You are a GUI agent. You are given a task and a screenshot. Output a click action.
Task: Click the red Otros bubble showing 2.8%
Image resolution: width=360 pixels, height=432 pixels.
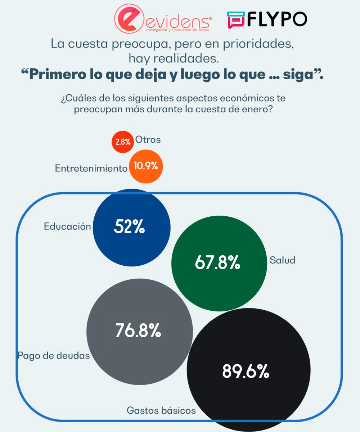[123, 142]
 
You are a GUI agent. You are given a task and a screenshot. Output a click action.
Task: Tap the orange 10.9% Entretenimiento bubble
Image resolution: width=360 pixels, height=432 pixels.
[145, 166]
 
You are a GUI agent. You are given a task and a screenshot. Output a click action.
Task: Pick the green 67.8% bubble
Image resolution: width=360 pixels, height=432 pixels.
[219, 263]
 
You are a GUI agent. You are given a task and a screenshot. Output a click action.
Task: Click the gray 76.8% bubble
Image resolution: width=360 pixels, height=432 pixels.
[139, 330]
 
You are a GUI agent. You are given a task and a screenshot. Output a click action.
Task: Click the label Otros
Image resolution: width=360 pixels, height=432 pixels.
[148, 140]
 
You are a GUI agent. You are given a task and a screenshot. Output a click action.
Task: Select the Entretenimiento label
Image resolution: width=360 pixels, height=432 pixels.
[91, 168]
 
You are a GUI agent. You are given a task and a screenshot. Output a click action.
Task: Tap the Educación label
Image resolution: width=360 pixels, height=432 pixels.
[67, 226]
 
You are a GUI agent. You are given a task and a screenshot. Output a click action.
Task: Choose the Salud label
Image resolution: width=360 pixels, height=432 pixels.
[282, 260]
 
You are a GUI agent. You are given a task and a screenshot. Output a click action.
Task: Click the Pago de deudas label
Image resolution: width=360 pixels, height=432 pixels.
[54, 356]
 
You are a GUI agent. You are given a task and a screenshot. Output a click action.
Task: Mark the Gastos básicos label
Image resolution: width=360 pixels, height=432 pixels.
[161, 410]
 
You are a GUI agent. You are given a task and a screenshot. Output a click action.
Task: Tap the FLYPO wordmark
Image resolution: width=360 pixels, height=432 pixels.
[276, 19]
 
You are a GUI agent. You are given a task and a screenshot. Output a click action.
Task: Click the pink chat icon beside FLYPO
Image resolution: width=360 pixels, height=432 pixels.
[236, 20]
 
